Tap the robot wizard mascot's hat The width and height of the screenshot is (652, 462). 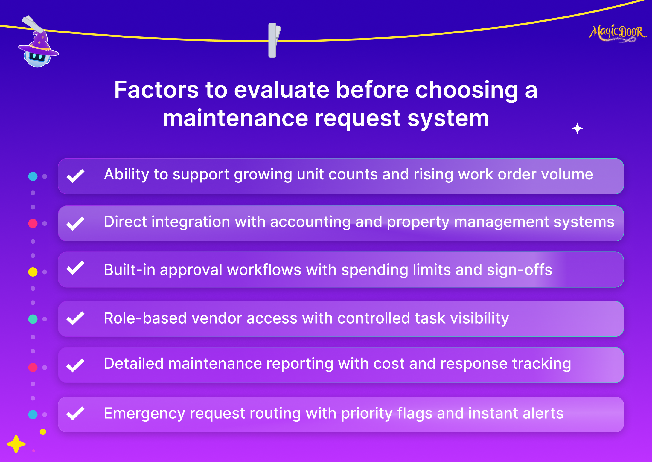[x=39, y=45]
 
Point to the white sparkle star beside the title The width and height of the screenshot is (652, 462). [x=577, y=128]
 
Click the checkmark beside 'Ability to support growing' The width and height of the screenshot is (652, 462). [x=75, y=176]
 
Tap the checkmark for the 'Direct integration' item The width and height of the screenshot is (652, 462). [x=75, y=223]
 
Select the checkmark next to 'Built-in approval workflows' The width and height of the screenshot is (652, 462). [x=75, y=268]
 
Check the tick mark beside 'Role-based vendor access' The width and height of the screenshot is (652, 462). [x=75, y=318]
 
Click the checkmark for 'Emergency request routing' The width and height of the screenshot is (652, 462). [x=75, y=414]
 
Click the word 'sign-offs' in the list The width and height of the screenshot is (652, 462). [x=520, y=270]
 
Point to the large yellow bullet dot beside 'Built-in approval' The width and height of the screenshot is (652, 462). [x=33, y=272]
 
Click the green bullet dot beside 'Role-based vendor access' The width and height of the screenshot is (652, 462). [x=33, y=319]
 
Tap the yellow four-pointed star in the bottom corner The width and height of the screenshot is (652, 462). [x=16, y=444]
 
